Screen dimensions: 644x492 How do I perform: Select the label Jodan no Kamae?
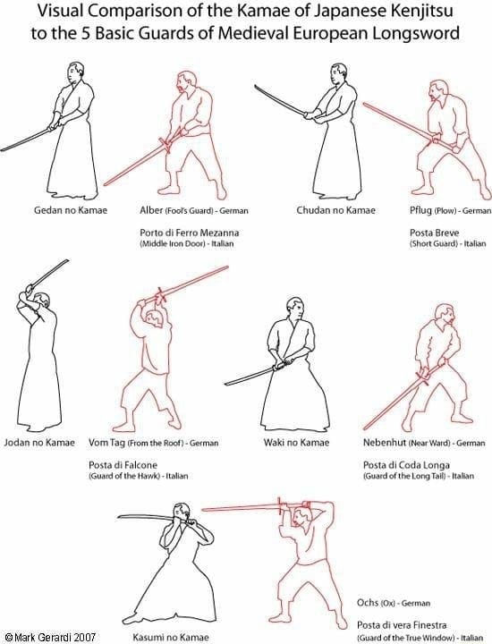pyautogui.click(x=39, y=443)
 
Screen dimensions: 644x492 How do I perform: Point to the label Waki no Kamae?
pyautogui.click(x=298, y=443)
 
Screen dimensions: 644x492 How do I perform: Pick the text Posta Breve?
pyautogui.click(x=411, y=232)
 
